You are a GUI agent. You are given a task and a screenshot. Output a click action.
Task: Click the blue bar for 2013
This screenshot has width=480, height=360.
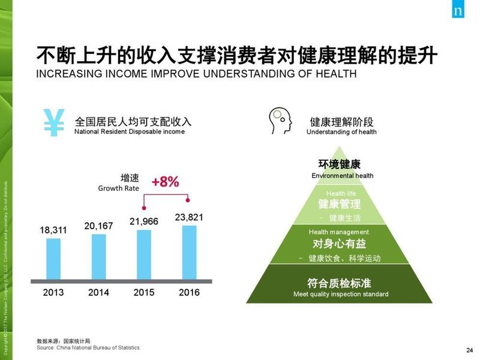pyautogui.click(x=53, y=259)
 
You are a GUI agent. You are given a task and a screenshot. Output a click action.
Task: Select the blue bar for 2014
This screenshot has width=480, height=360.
pyautogui.click(x=98, y=256)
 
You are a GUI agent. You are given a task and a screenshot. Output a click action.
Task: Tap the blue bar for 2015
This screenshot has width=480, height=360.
pyautogui.click(x=144, y=254)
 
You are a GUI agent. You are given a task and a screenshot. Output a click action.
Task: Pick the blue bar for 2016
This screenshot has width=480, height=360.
pyautogui.click(x=189, y=252)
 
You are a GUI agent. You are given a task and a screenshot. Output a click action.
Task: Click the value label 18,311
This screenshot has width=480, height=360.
pyautogui.click(x=53, y=230)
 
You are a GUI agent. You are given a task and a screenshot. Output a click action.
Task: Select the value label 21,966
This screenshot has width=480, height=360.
pyautogui.click(x=144, y=221)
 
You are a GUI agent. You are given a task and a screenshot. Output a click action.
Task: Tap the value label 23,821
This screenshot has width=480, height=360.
pyautogui.click(x=189, y=217)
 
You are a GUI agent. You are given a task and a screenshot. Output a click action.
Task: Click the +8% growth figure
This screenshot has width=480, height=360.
pyautogui.click(x=165, y=182)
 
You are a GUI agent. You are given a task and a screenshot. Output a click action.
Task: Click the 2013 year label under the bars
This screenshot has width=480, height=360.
pyautogui.click(x=53, y=293)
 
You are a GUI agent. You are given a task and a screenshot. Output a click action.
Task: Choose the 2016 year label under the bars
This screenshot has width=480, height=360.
pyautogui.click(x=189, y=293)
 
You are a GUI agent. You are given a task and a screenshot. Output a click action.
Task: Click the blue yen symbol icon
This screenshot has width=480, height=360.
pyautogui.click(x=54, y=122)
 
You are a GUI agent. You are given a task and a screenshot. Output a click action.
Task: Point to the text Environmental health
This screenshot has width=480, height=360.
pyautogui.click(x=342, y=176)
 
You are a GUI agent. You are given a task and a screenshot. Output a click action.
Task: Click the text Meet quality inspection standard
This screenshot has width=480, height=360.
pyautogui.click(x=341, y=294)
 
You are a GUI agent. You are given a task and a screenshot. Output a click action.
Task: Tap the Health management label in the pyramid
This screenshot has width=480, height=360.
pyautogui.click(x=339, y=232)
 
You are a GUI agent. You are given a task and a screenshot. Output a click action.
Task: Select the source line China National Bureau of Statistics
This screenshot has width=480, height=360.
pyautogui.click(x=88, y=347)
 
